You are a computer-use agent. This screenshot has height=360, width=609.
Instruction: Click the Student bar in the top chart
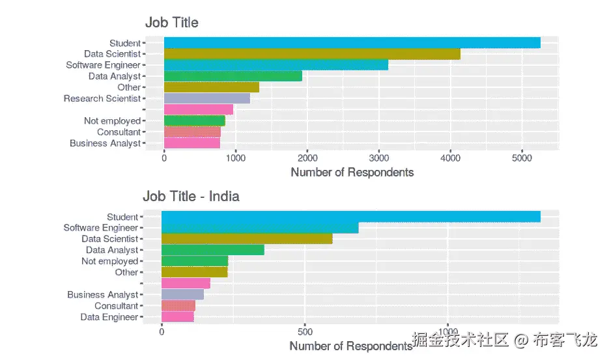352,43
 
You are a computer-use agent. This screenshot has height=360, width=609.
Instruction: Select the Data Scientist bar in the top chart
311,54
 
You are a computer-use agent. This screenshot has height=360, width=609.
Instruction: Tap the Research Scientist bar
206,98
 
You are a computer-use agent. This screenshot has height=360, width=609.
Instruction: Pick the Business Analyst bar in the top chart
191,143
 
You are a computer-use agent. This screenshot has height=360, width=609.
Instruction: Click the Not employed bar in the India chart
194,261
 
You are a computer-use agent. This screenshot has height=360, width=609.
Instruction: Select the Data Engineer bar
177,317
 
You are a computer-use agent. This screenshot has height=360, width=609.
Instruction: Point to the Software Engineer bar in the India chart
259,228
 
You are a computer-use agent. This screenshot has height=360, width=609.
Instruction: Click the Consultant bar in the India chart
178,306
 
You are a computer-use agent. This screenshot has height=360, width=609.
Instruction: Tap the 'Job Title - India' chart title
191,196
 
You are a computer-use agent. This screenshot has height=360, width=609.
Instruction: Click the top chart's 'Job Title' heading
171,23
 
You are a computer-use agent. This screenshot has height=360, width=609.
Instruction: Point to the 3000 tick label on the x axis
378,158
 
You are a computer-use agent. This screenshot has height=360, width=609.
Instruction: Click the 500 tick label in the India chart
305,331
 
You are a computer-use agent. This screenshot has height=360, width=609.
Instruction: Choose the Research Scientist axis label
102,99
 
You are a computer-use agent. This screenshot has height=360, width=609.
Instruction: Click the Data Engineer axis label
109,317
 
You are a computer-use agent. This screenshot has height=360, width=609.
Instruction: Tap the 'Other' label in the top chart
129,88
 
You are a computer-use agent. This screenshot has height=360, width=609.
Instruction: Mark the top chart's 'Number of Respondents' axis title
352,173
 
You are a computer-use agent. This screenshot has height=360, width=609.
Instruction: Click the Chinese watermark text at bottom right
505,340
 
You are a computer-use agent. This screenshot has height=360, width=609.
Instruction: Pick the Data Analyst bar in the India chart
212,250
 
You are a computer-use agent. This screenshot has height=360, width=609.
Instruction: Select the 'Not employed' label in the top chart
112,121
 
